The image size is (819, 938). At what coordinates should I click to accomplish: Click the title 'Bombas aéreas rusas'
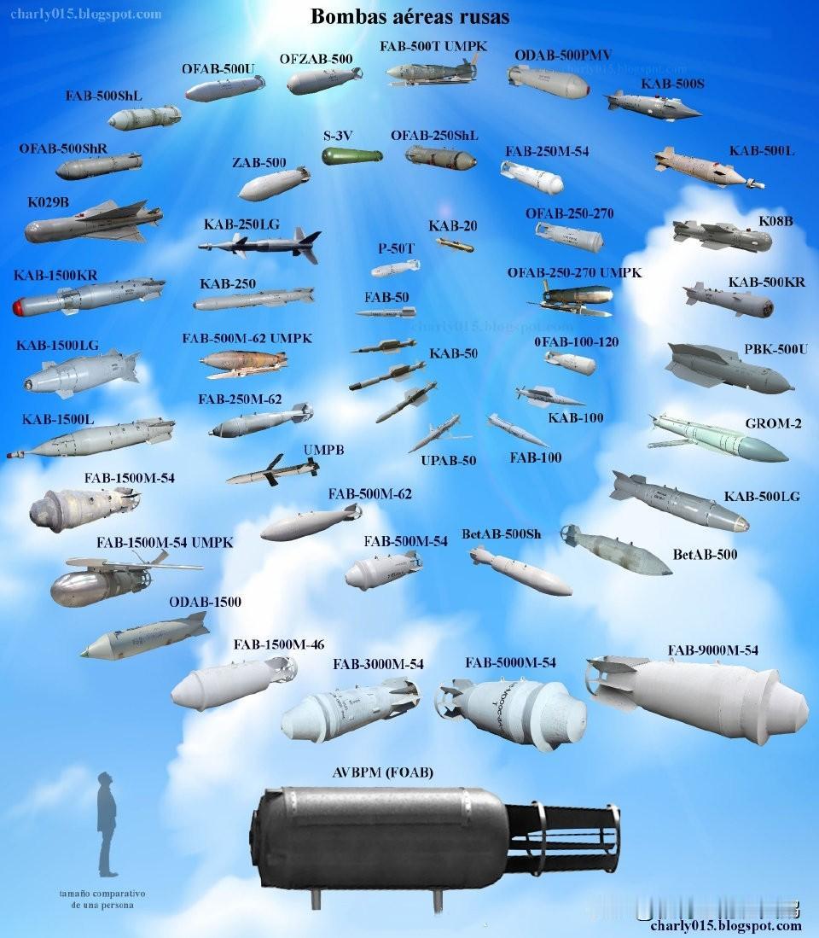point(409,16)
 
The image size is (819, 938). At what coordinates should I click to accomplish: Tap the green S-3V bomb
point(351,156)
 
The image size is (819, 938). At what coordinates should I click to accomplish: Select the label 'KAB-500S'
point(672,84)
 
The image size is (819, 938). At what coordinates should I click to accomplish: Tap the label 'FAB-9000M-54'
point(712,650)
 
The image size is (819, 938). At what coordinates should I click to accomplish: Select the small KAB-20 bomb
point(455,246)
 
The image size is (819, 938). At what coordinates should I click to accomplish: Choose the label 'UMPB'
point(324,450)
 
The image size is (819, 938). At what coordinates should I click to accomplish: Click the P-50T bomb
point(395,269)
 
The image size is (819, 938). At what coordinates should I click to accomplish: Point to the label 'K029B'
point(48,203)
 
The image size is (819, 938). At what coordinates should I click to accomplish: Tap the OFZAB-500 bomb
point(324,80)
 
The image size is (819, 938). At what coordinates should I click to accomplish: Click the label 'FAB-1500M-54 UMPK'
point(165,542)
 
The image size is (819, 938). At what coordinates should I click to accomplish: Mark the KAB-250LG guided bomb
point(260,246)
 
